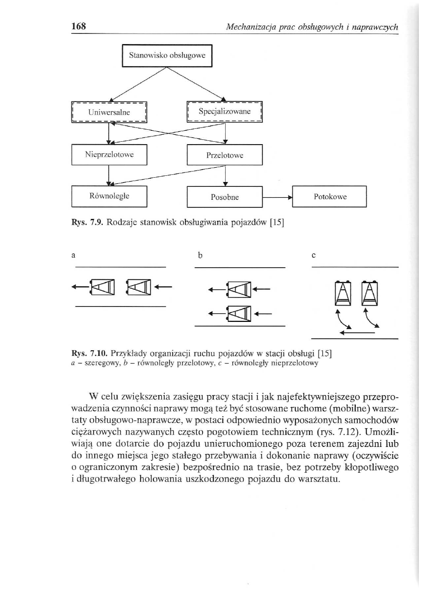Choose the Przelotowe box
point(225,155)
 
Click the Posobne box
point(225,197)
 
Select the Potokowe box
point(329,196)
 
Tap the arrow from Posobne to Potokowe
point(277,197)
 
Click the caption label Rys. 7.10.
point(87,354)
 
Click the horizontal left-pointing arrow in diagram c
point(356,331)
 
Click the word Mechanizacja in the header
point(250,27)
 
